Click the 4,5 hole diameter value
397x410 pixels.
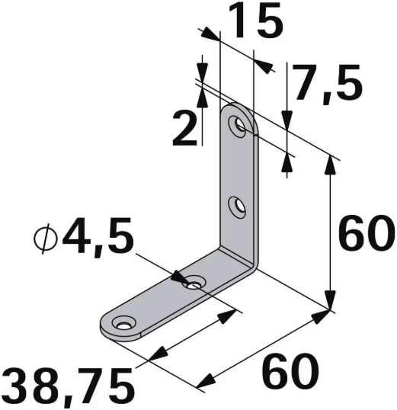coord(98,238)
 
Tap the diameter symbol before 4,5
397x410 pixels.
coord(46,239)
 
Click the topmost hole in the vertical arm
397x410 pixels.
coord(242,125)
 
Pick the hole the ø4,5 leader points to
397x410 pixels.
coord(195,284)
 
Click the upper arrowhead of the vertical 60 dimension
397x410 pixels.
coord(331,162)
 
